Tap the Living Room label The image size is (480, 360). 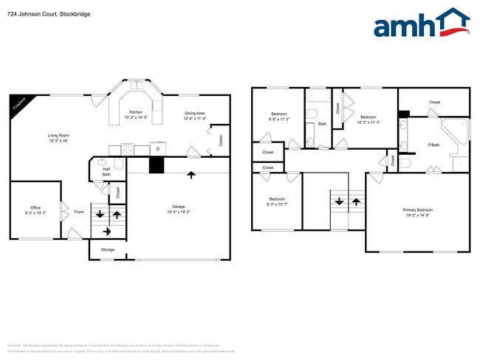pyautogui.click(x=58, y=135)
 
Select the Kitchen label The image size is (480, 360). pyautogui.click(x=136, y=112)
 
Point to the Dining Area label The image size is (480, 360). pyautogui.click(x=194, y=113)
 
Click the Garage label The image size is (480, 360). pyautogui.click(x=178, y=206)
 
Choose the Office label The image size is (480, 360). pyautogui.click(x=35, y=207)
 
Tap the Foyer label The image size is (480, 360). pyautogui.click(x=79, y=212)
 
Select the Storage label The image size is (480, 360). pyautogui.click(x=108, y=250)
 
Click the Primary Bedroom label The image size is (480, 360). pyautogui.click(x=418, y=210)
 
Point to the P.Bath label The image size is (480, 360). pyautogui.click(x=433, y=145)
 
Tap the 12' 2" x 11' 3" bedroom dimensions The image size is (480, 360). pyautogui.click(x=368, y=122)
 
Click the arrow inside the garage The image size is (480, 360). pyautogui.click(x=191, y=175)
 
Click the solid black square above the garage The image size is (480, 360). pyautogui.click(x=156, y=165)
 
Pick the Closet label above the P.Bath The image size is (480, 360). pyautogui.click(x=434, y=103)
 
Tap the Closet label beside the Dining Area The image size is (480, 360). pyautogui.click(x=222, y=140)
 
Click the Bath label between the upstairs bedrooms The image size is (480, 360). pyautogui.click(x=322, y=124)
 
